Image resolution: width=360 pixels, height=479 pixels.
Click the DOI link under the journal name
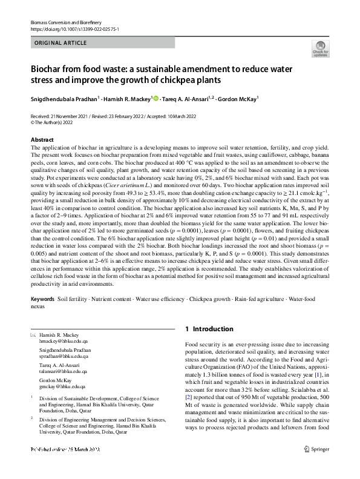pyautogui.click(x=74, y=28)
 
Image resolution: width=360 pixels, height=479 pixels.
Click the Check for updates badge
pyautogui.click(x=319, y=49)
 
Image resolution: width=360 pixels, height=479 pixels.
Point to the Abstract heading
pyautogui.click(x=42, y=140)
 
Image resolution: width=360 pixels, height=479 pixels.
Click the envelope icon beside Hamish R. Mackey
pyautogui.click(x=33, y=334)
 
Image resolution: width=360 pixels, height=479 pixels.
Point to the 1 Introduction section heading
pyautogui.click(x=209, y=329)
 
